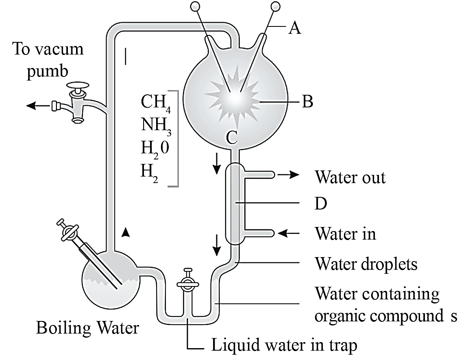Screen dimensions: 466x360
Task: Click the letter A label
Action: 294,28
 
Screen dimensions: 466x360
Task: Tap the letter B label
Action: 307,101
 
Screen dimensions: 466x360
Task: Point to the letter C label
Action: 231,137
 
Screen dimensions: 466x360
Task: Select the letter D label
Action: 321,204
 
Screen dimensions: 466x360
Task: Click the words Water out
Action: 350,177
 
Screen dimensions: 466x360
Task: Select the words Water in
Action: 345,233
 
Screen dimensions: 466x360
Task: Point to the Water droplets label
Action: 366,264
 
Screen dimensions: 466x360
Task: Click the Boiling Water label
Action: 87,328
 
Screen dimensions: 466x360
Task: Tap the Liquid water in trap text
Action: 284,345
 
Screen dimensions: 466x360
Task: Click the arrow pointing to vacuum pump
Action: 39,105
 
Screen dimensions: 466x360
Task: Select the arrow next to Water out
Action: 288,175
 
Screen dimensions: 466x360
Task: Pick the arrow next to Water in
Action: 289,233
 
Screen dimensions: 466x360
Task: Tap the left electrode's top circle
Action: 196,6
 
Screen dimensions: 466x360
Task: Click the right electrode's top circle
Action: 276,6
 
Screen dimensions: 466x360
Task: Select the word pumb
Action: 47,72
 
